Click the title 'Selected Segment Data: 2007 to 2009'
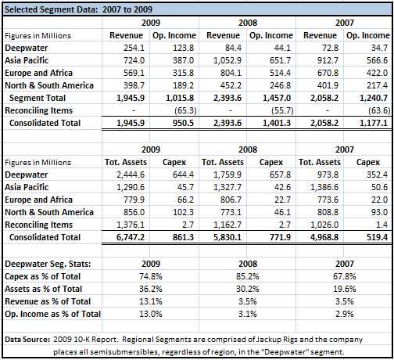coord(78,9)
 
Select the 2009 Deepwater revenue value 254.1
coord(134,48)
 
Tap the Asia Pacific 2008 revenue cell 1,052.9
coord(227,60)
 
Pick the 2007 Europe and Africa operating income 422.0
coord(377,73)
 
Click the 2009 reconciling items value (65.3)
coord(185,110)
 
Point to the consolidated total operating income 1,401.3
coord(277,123)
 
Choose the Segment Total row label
coord(38,98)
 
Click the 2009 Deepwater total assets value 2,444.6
coord(131,175)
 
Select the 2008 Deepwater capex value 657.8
coord(280,175)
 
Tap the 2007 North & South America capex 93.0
coord(379,212)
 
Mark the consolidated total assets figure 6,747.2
coord(131,237)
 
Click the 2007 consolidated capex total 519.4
coord(377,237)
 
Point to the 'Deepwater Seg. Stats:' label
coord(48,264)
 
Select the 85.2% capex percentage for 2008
coord(248,276)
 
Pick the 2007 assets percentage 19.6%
coord(345,289)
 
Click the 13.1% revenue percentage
coord(151,301)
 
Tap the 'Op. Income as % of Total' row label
coord(52,314)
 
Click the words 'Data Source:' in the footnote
coord(27,340)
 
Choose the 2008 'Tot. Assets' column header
coord(223,162)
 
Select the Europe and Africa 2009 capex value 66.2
coord(185,200)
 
